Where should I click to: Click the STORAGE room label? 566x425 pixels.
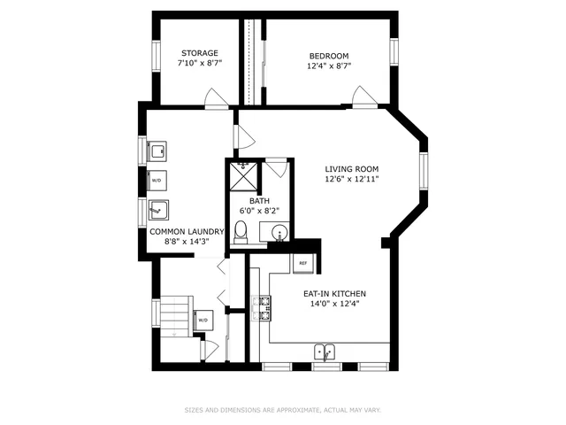tap(199, 53)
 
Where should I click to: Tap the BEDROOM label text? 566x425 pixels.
tap(329, 54)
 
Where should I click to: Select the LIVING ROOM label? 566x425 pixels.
tap(351, 169)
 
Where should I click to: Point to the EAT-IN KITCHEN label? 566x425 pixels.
tap(334, 293)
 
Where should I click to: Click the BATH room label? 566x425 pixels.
tap(259, 201)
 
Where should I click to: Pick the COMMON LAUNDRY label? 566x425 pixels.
tap(186, 232)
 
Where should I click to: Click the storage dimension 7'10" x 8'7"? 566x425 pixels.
tap(199, 64)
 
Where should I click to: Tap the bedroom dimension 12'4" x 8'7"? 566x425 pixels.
tap(329, 65)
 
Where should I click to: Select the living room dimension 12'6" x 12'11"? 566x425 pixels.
tap(351, 180)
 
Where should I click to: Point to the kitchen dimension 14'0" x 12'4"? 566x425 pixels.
tap(334, 304)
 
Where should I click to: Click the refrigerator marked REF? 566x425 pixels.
tap(302, 263)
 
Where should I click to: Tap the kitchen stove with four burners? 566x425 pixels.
tap(261, 307)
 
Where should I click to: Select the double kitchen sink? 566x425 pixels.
tap(325, 352)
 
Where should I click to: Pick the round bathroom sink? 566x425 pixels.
tap(279, 234)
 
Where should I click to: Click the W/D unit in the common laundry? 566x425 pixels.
tap(157, 181)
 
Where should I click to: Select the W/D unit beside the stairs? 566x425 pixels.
tap(203, 320)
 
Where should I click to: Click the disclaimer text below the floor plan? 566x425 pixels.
tap(282, 410)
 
